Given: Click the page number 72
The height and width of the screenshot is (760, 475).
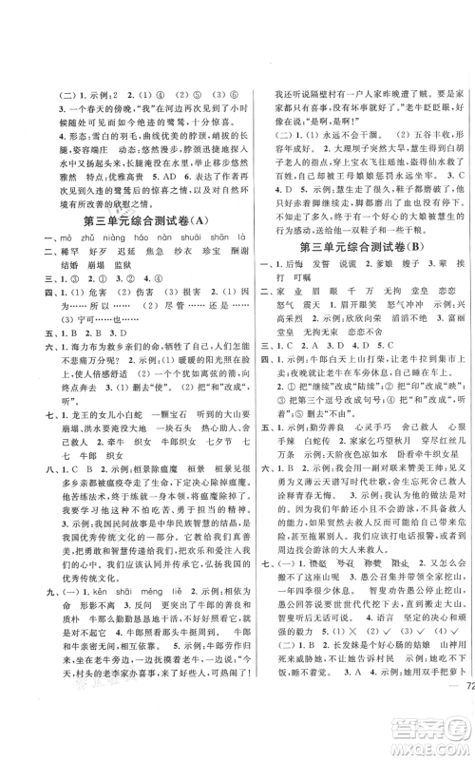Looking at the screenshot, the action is pos(459,689).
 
